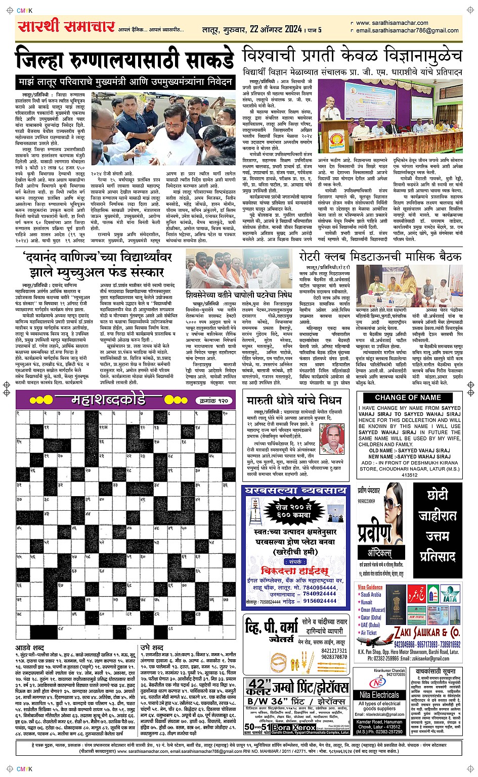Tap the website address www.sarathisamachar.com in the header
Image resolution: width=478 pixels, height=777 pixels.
[392, 23]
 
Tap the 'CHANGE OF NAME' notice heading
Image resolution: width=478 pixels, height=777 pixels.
[408, 398]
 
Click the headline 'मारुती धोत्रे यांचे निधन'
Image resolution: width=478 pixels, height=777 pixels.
[294, 401]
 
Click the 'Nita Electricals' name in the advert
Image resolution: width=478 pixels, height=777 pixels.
[379, 696]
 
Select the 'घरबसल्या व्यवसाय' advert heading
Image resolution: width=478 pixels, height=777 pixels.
[295, 490]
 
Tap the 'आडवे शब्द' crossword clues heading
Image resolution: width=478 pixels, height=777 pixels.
[30, 647]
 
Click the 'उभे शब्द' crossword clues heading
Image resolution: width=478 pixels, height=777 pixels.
[151, 647]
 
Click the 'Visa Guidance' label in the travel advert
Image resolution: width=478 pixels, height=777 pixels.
[370, 587]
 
